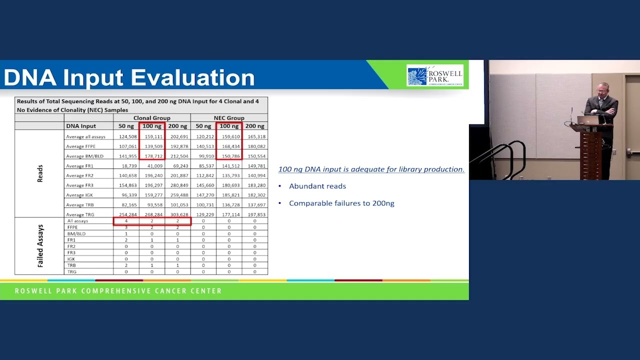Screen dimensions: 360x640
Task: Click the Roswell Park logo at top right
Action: coord(434,76)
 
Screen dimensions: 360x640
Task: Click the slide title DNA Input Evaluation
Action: coord(129,77)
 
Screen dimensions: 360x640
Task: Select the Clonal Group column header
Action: coord(151,118)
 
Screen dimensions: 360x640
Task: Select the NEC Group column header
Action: coord(228,118)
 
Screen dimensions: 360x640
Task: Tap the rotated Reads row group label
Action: coord(40,173)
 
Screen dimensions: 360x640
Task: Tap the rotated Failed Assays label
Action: coord(40,246)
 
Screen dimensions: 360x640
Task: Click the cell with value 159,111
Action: coord(151,136)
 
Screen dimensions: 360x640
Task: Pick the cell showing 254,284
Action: coord(126,214)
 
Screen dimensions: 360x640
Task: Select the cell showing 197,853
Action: coord(255,214)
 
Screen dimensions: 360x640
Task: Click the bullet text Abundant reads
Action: coord(317,186)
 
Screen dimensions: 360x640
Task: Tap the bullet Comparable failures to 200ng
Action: coord(341,203)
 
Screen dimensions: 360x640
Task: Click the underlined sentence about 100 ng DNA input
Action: coord(371,169)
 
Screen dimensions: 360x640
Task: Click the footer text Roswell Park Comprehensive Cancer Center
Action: coord(118,291)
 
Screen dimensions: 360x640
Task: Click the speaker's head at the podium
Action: coord(602,89)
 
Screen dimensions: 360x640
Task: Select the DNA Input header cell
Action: coord(81,126)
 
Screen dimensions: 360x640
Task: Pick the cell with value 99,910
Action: coord(203,156)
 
